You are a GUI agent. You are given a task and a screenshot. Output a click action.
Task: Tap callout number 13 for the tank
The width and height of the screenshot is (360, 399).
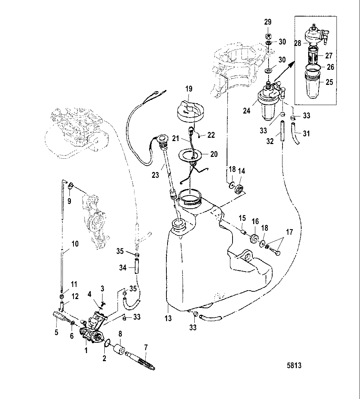point(168,319)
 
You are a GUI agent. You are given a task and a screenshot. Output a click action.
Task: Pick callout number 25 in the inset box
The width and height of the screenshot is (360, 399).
point(330,82)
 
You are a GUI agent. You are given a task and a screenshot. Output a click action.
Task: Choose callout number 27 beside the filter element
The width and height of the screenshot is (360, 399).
point(329,56)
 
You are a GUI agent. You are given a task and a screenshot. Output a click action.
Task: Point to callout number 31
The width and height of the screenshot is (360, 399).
point(306,134)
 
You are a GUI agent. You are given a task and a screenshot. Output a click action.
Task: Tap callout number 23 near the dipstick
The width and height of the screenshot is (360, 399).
point(155,175)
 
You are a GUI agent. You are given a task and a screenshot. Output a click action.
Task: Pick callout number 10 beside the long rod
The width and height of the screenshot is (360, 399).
point(75,244)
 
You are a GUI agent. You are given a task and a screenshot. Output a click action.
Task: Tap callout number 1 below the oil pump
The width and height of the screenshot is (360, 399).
point(86,350)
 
